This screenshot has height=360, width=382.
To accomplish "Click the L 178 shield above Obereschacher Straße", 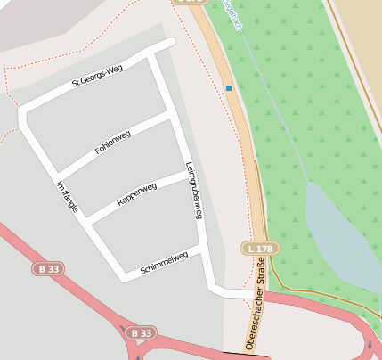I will click(259, 248).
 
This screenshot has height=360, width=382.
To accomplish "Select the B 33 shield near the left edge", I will click(50, 268).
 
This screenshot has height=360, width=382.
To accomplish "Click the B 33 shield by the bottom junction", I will click(139, 333).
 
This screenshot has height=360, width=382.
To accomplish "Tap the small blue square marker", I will click(229, 88).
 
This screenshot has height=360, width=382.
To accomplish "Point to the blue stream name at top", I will click(233, 14).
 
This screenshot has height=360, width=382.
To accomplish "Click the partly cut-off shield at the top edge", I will click(189, 3).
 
